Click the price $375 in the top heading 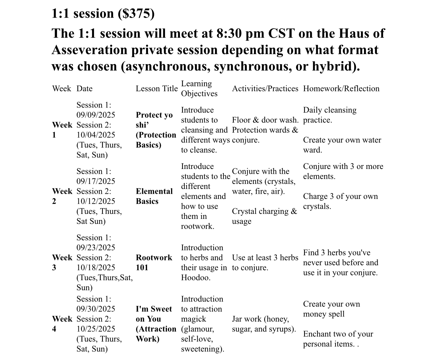click(x=136, y=14)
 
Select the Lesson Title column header click(x=157, y=89)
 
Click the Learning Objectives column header click(x=199, y=89)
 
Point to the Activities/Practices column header click(x=265, y=89)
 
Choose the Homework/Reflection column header click(x=341, y=89)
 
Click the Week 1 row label click(x=62, y=130)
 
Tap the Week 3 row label click(x=62, y=262)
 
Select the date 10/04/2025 click(x=96, y=135)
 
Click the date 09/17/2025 click(x=96, y=181)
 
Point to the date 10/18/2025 click(x=96, y=268)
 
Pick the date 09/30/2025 click(x=96, y=309)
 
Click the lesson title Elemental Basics click(x=154, y=196)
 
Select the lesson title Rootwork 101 click(x=154, y=262)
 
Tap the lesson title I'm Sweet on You click(x=154, y=314)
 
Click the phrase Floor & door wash click(x=265, y=120)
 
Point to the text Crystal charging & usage click(x=264, y=216)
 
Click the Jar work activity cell click(x=264, y=324)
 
